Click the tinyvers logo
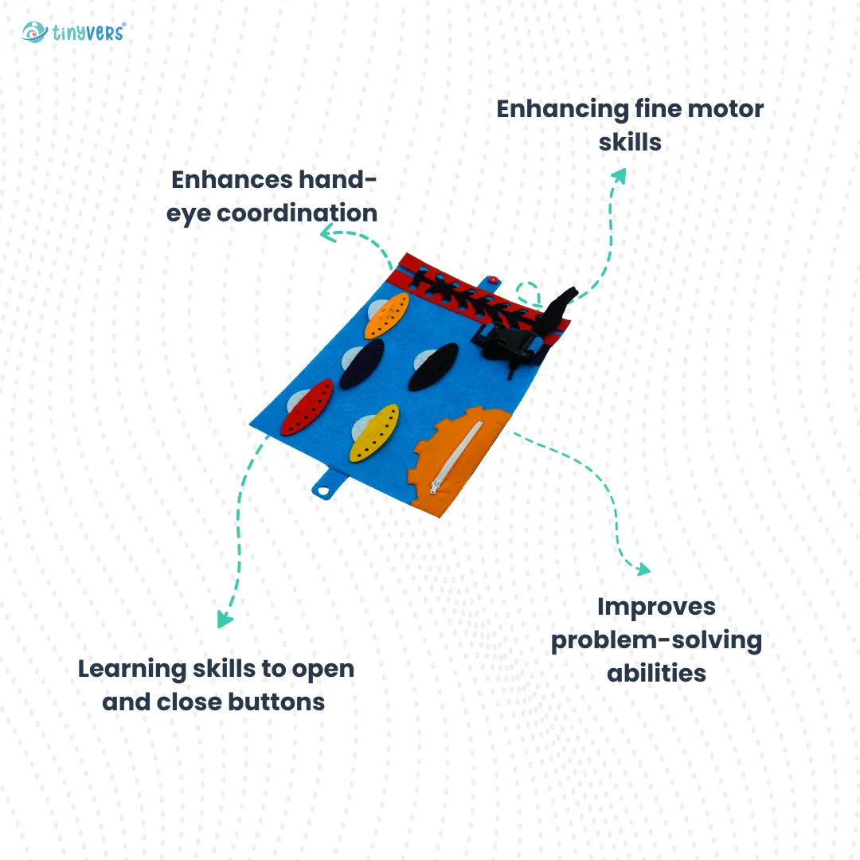[x=74, y=33]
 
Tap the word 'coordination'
[x=296, y=213]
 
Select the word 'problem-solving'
[x=656, y=639]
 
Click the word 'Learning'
[x=132, y=668]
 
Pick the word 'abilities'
[x=656, y=673]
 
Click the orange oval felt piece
[x=386, y=315]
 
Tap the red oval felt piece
[x=307, y=406]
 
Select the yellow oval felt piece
[x=373, y=432]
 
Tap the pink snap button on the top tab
[x=493, y=279]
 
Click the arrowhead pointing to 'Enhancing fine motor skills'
[x=619, y=174]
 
